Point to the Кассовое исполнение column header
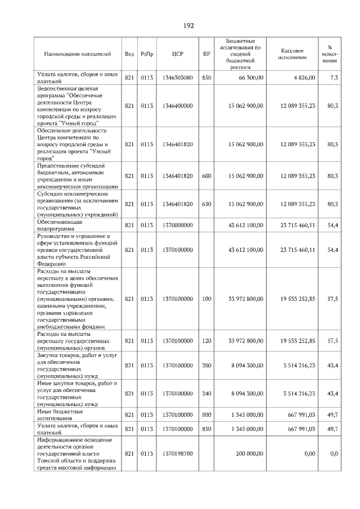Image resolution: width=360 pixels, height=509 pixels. pyautogui.click(x=292, y=54)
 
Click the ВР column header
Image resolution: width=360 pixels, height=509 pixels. pyautogui.click(x=206, y=54)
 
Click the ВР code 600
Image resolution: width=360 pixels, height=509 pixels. pyautogui.click(x=206, y=176)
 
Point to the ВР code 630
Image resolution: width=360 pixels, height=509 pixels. pyautogui.click(x=206, y=204)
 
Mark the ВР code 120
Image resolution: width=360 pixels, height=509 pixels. pyautogui.click(x=206, y=341)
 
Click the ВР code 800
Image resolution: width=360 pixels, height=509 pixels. pyautogui.click(x=206, y=415)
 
